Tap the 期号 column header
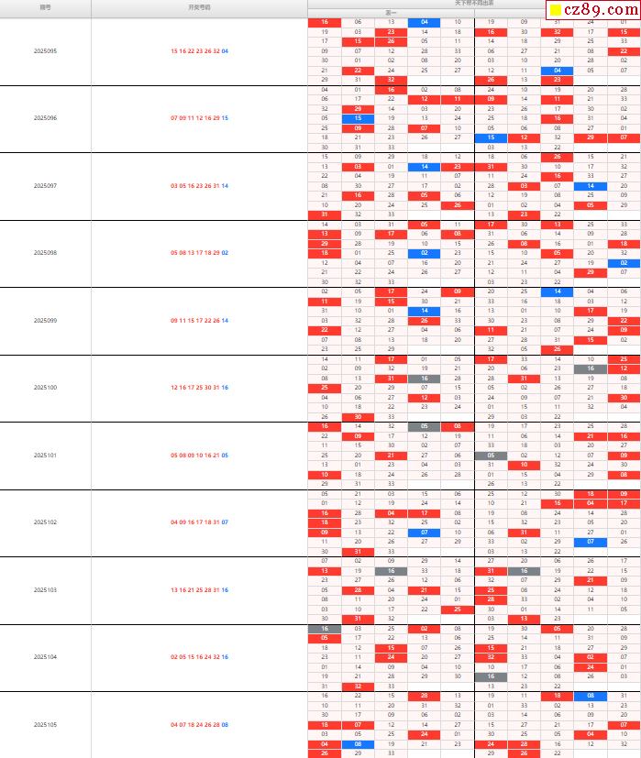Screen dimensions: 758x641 point(45,6)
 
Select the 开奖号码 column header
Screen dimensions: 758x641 point(199,6)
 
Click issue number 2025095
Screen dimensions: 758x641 point(45,51)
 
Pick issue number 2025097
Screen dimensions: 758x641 point(45,186)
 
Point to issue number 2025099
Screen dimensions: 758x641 point(45,321)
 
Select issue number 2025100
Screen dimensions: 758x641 point(45,388)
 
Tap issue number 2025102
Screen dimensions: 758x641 point(45,522)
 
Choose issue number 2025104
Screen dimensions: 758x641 point(45,657)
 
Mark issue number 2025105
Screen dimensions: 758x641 point(45,725)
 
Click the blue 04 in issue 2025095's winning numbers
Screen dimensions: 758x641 point(225,51)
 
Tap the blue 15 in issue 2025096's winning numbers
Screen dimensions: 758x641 point(225,118)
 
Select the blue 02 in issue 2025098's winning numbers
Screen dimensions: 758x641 point(225,253)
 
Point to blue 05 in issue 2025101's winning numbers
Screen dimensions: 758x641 point(225,456)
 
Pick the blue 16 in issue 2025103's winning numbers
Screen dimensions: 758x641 point(225,590)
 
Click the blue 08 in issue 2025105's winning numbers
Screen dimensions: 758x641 point(225,725)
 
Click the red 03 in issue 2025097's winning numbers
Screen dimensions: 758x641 point(173,186)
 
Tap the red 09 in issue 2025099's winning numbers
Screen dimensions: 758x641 point(173,321)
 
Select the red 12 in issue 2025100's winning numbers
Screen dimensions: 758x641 point(173,388)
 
